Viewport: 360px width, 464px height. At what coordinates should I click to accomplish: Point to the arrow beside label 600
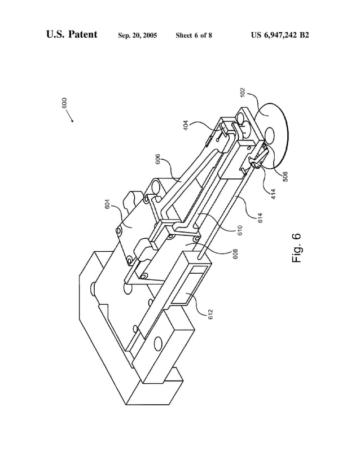pos(71,117)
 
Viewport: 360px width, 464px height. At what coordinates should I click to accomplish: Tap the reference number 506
pos(286,176)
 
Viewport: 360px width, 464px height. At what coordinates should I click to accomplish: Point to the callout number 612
pos(210,314)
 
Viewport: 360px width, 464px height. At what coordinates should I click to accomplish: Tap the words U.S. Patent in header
pos(72,35)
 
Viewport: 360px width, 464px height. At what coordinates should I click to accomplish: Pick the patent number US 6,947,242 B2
pos(280,35)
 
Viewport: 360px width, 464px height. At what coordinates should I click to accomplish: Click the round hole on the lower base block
pos(158,342)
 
